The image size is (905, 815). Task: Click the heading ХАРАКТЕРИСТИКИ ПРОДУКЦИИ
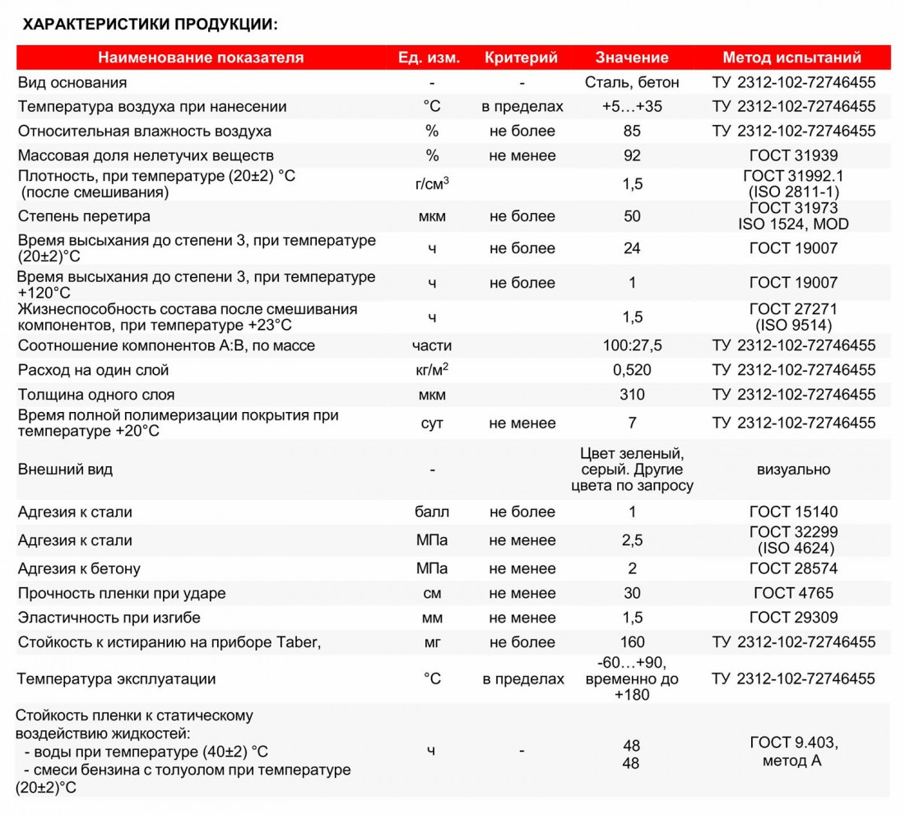[150, 24]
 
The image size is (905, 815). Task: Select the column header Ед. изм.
[429, 58]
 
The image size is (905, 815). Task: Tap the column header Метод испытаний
[792, 58]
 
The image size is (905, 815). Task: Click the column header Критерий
[522, 58]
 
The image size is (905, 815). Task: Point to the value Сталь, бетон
[632, 82]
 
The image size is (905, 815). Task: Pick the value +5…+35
[632, 107]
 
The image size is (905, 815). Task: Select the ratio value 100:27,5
[632, 345]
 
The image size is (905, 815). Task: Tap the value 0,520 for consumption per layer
[632, 370]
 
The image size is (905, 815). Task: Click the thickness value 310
[632, 395]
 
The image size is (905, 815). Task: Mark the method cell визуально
[793, 470]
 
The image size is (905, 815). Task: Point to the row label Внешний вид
[65, 470]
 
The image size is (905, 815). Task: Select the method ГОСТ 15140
[793, 512]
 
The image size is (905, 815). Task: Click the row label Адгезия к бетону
[79, 569]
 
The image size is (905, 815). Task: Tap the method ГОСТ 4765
[793, 593]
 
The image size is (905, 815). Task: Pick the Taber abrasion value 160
[632, 642]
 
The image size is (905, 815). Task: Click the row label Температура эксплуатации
[117, 679]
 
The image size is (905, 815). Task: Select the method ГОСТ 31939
[793, 155]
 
